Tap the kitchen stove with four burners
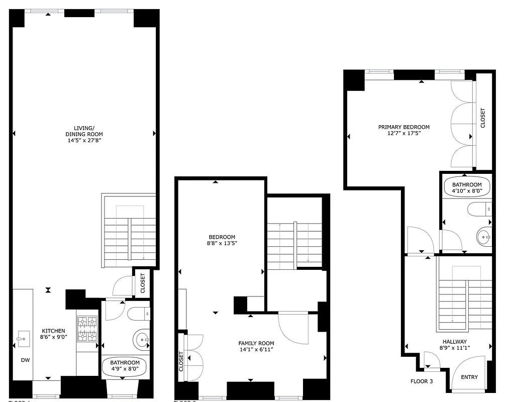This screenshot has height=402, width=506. [x=86, y=329]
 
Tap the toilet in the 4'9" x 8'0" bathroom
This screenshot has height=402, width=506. [x=139, y=314]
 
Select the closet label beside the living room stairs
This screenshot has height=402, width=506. [x=143, y=283]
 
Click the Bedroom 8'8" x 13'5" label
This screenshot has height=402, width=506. [x=222, y=237]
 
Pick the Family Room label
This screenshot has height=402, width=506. [x=256, y=343]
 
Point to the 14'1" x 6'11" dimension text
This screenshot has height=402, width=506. [x=256, y=350]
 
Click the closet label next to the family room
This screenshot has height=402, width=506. [x=181, y=361]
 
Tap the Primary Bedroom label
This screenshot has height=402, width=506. [x=404, y=127]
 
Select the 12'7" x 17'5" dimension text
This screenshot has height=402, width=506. [x=404, y=134]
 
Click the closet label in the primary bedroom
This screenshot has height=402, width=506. [x=483, y=119]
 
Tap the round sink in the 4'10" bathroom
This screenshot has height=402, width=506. [x=484, y=235]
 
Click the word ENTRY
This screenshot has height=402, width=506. [x=469, y=377]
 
